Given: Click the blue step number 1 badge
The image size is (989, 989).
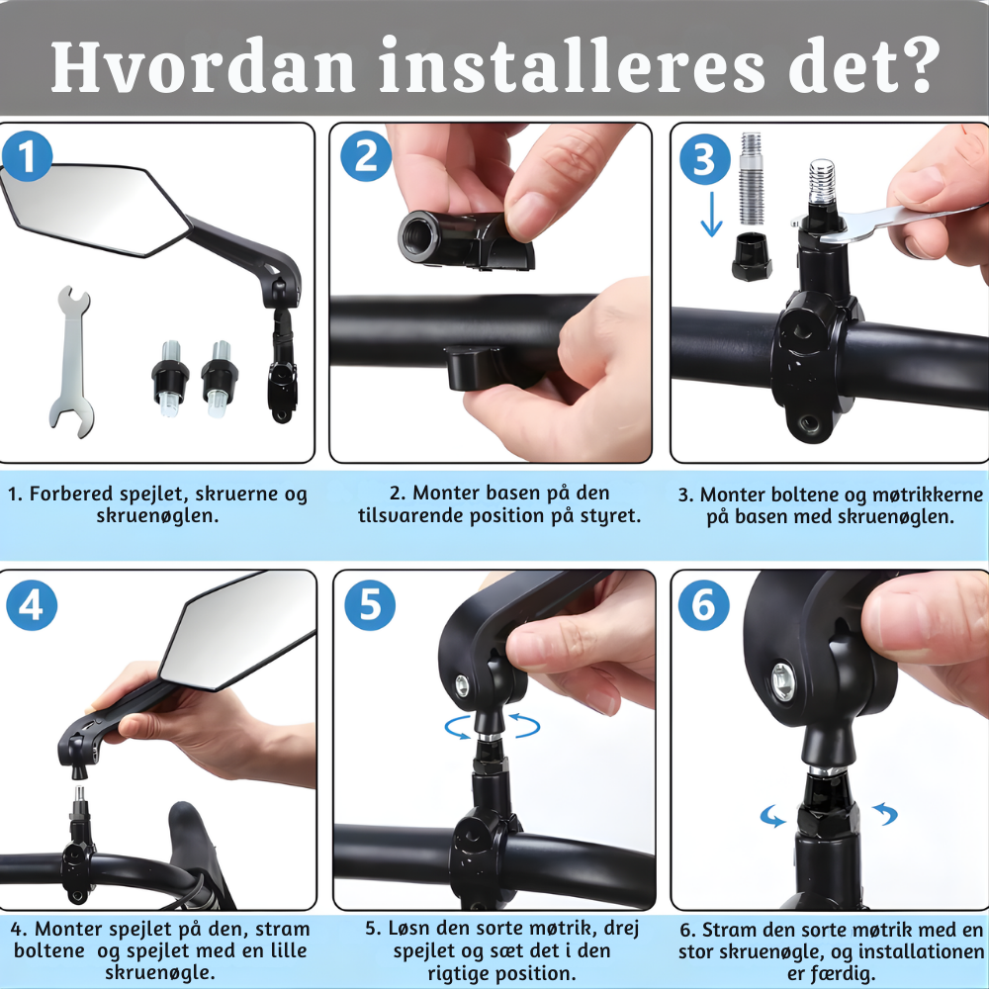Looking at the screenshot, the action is tap(27, 156).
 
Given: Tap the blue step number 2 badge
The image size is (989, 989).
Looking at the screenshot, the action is tap(366, 156).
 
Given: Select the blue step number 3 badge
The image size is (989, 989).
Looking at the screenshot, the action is tap(704, 159).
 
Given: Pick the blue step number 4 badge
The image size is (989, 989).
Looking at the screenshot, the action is tap(32, 605).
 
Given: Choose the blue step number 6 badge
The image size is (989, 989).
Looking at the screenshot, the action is tap(704, 605).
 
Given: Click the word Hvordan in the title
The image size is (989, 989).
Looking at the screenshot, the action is tap(203, 66).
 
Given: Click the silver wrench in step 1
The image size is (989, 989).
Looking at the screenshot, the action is tap(72, 361).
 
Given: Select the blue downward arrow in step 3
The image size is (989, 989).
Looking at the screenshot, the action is tap(711, 214).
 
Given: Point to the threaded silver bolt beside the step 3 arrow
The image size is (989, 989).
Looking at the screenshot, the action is tap(751, 178).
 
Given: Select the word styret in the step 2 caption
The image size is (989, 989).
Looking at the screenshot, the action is tap(610, 516).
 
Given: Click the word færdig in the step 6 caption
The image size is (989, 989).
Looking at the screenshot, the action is tap(832, 972).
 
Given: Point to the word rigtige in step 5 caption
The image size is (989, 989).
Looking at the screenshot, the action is tap(459, 972).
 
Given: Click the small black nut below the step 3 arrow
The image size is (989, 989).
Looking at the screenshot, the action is tap(752, 256).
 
